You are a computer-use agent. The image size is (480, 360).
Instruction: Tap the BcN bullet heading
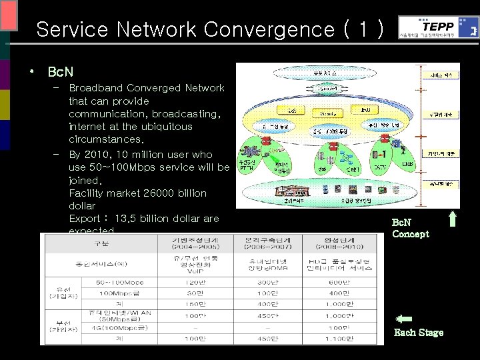[59, 71]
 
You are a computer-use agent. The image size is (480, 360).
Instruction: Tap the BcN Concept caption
[411, 229]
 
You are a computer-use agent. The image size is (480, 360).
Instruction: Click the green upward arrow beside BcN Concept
[452, 225]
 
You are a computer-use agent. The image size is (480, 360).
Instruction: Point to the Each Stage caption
[419, 332]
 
